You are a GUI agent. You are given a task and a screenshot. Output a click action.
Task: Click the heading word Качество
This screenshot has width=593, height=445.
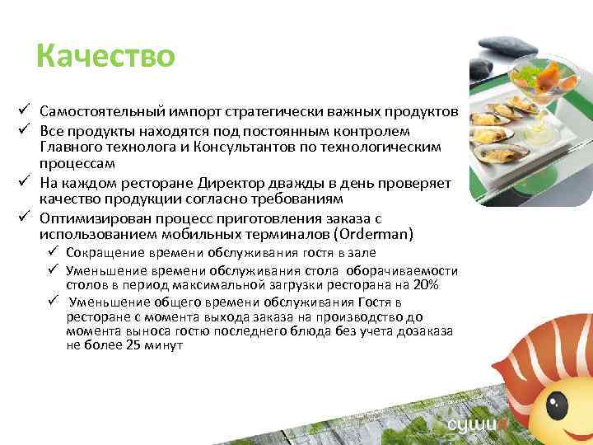(x=105, y=57)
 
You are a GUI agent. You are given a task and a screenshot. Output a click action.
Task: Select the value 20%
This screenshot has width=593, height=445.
(x=426, y=285)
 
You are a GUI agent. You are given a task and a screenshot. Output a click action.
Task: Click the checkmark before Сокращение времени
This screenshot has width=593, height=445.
(x=54, y=252)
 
